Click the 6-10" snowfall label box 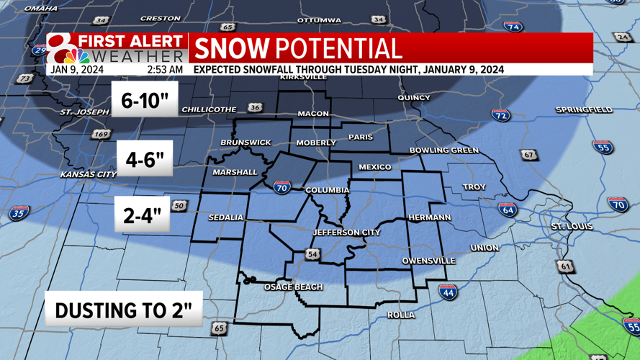click(x=145, y=100)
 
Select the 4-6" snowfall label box click(x=145, y=159)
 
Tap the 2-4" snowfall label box click(x=142, y=215)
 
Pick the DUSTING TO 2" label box click(x=124, y=310)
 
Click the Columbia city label click(x=327, y=191)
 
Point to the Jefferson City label click(x=346, y=233)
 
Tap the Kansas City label click(x=88, y=175)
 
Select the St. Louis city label click(x=572, y=227)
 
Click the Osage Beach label click(x=293, y=287)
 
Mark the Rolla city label click(x=401, y=315)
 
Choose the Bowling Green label click(x=443, y=150)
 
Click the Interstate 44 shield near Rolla click(x=447, y=292)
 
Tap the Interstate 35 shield click(x=19, y=213)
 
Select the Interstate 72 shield click(x=501, y=115)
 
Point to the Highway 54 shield click(x=312, y=253)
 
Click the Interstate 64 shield click(x=508, y=210)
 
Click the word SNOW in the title click(x=232, y=49)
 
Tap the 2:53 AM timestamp click(x=165, y=70)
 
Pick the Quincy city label click(x=413, y=97)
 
